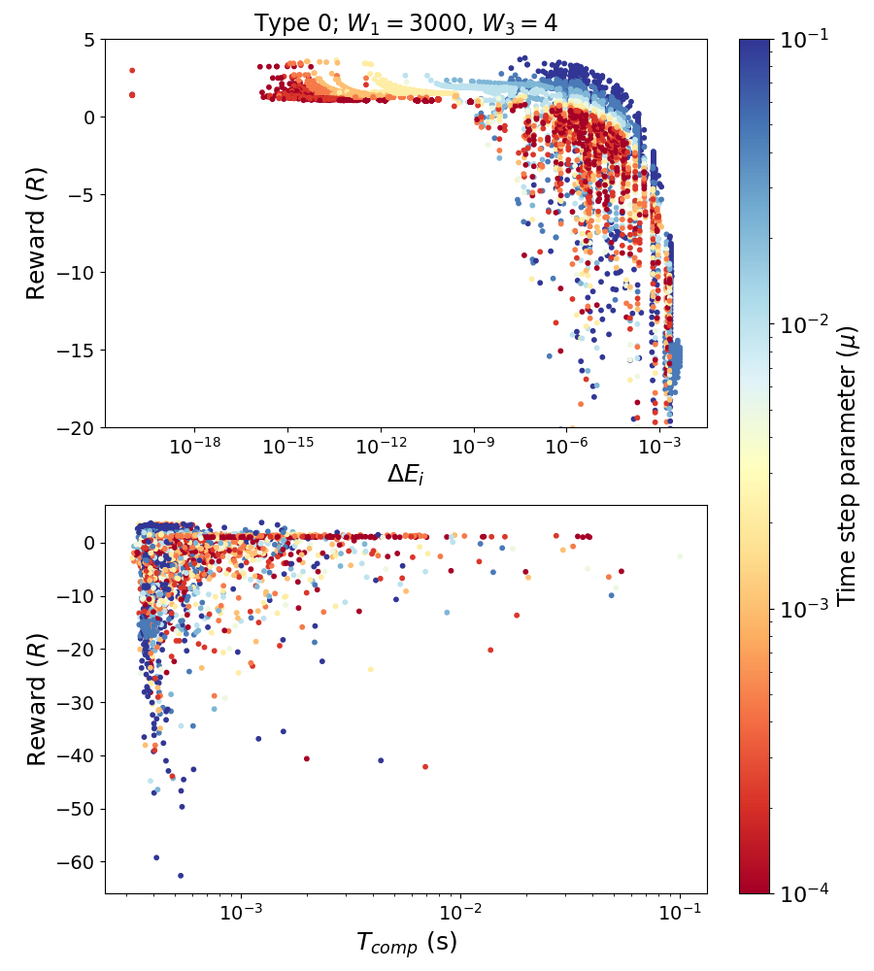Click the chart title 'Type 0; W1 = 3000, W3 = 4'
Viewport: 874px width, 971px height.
click(x=406, y=22)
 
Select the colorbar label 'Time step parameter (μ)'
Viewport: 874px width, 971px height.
click(x=848, y=466)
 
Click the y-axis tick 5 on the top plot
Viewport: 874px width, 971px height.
click(x=87, y=40)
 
